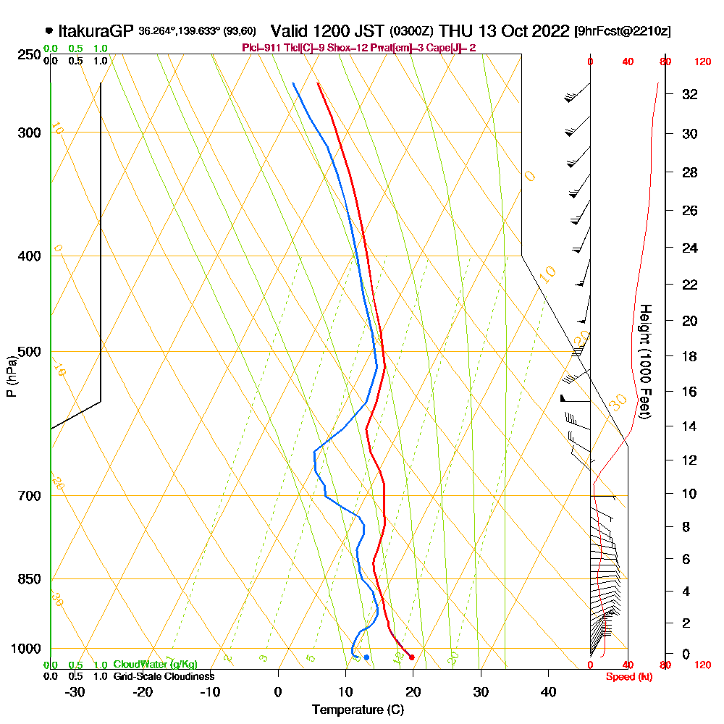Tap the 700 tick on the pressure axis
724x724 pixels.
30,496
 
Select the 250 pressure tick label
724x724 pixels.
30,54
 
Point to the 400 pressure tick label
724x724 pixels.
30,256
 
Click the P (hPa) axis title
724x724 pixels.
11,376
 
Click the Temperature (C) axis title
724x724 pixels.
358,710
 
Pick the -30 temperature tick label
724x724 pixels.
75,691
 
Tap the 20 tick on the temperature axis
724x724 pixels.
413,691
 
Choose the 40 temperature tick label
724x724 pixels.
548,691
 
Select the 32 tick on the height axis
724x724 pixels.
690,94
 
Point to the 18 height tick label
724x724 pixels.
690,356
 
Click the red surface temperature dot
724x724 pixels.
411,657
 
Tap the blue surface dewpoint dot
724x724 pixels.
367,657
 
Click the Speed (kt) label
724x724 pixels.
627,677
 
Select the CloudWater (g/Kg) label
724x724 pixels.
155,665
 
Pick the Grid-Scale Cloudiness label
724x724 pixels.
163,676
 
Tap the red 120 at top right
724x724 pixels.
702,62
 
